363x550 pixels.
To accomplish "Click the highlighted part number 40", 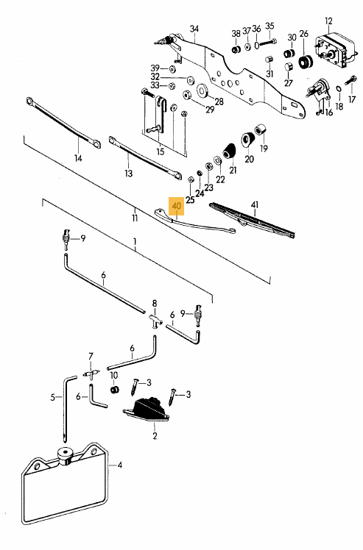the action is point(177,206).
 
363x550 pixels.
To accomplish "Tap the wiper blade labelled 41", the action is point(252,221).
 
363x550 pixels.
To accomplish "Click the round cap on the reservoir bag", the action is point(65,456).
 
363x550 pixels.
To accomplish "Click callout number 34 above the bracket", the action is point(194,29).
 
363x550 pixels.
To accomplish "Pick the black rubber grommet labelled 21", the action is point(229,151).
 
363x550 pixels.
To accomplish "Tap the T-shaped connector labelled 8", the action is point(155,321).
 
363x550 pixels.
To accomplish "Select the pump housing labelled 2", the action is point(146,410).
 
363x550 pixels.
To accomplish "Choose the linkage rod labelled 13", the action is point(145,158).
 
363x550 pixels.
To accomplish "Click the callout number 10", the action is point(114,375).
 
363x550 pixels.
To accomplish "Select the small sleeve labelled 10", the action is point(114,390).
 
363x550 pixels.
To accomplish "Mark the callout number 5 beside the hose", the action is point(53,397).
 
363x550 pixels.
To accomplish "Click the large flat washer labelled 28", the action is point(202,90).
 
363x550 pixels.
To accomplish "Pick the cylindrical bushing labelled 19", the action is point(261,130).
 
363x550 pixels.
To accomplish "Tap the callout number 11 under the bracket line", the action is point(135,218).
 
